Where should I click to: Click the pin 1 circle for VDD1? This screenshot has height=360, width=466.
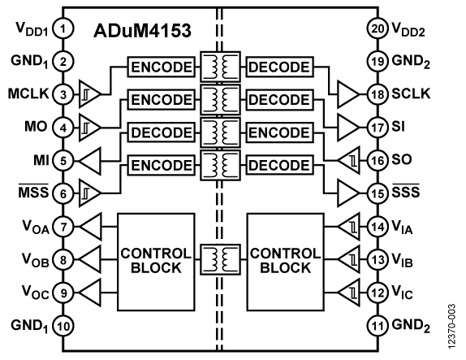63,29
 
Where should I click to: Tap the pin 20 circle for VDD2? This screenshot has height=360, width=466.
378,29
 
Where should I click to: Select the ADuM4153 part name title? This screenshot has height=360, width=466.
142,30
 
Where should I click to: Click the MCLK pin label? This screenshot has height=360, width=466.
28,93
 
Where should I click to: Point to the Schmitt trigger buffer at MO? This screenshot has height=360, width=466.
89,128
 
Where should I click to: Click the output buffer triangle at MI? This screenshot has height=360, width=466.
89,161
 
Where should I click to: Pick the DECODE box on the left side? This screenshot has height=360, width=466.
162,132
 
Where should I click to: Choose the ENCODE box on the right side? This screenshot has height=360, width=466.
279,132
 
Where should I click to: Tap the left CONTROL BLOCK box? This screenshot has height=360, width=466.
156,262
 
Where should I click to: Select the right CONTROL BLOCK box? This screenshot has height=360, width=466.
285,262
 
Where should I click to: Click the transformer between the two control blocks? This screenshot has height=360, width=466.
220,260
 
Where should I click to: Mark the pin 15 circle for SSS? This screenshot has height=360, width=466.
378,193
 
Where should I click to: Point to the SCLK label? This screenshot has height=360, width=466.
411,93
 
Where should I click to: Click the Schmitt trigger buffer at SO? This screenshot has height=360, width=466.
348,160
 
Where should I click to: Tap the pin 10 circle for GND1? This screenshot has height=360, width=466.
63,326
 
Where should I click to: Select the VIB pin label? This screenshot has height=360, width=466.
402,260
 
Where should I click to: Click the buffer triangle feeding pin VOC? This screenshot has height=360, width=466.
89,293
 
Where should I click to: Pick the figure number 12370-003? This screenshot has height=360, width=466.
451,327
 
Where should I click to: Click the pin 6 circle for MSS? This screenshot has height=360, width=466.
63,194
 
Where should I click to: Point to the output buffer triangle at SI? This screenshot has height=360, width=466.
348,128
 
